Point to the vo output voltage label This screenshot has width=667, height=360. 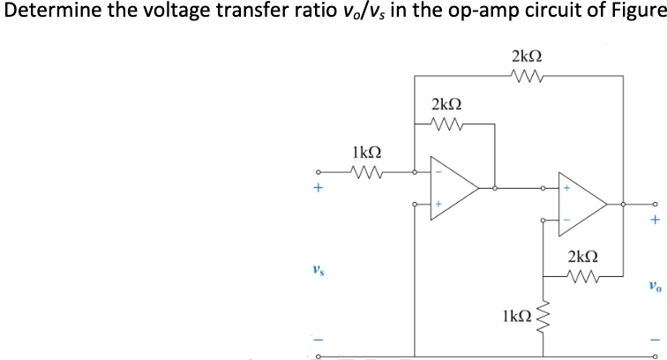653,285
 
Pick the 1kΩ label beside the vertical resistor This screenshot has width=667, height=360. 516,315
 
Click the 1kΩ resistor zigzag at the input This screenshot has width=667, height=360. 365,171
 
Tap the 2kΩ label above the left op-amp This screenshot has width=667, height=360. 447,104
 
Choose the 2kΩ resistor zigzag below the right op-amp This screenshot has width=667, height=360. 583,277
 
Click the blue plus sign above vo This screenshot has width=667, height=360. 654,221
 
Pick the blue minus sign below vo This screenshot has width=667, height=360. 654,342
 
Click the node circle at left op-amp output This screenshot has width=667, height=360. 494,188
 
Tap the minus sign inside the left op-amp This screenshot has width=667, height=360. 437,172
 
